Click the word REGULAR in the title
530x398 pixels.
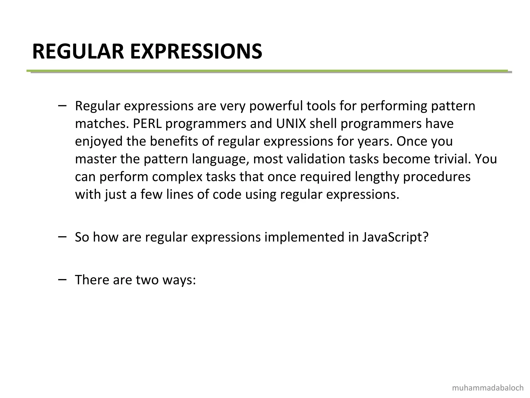pyautogui.click(x=78, y=52)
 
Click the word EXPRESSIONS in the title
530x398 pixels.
pyautogui.click(x=196, y=52)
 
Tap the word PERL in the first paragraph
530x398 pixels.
pyautogui.click(x=147, y=124)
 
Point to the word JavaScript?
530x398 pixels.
pyautogui.click(x=395, y=237)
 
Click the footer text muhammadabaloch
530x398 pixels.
pyautogui.click(x=488, y=388)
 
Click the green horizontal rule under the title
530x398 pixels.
pyautogui.click(x=267, y=70)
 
